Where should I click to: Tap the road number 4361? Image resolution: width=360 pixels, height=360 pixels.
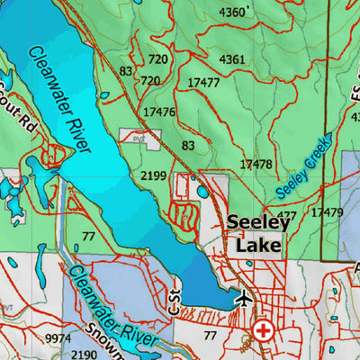[231, 59]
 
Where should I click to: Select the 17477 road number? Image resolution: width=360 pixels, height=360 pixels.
[203, 83]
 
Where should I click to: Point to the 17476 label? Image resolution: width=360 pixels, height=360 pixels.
[158, 112]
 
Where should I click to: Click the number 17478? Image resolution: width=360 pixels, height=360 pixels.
[256, 164]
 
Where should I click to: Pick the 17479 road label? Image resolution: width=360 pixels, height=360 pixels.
[326, 212]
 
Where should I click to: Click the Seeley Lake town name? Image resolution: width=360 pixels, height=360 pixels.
[255, 232]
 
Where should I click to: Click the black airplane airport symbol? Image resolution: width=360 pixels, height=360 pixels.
[242, 298]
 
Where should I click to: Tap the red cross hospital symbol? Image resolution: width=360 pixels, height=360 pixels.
[264, 330]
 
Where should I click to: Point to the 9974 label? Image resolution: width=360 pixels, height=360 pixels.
[57, 337]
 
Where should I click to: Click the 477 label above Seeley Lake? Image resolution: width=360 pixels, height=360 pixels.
[286, 215]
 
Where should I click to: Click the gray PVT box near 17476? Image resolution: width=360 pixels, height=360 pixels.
[139, 138]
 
